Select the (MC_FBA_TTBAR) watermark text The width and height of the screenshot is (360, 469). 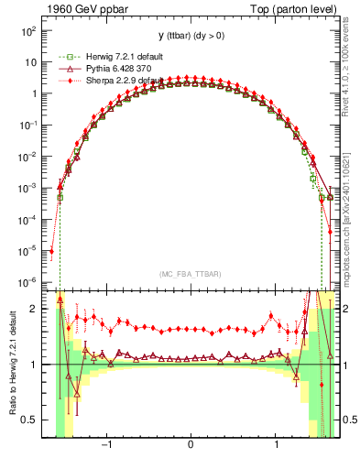(x=190, y=274)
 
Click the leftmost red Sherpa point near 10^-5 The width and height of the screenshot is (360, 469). (x=51, y=250)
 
